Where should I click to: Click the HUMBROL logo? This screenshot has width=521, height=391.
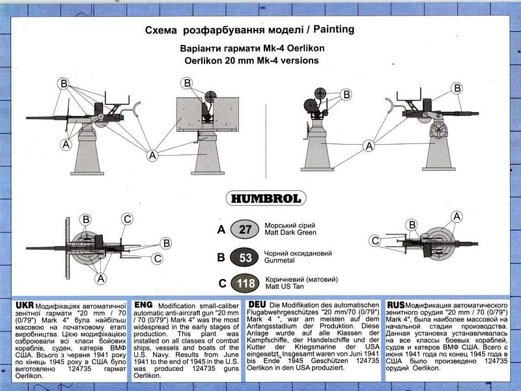click(260, 197)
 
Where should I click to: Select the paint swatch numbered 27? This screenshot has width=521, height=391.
click(245, 229)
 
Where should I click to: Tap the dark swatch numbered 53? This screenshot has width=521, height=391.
click(245, 257)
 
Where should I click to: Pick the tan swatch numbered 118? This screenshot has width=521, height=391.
click(245, 283)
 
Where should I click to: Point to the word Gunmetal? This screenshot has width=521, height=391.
click(281, 260)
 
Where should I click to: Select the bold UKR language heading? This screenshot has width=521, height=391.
click(24, 305)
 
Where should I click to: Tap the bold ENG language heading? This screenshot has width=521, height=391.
click(143, 305)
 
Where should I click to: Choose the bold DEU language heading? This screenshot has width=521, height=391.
click(257, 305)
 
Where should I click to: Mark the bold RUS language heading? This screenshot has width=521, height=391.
click(396, 305)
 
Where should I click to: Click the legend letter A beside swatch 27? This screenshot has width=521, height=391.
click(221, 230)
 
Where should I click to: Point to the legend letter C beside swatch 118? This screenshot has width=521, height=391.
click(221, 283)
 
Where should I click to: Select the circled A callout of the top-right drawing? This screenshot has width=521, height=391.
click(369, 146)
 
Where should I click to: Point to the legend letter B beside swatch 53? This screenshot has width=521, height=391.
click(221, 257)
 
